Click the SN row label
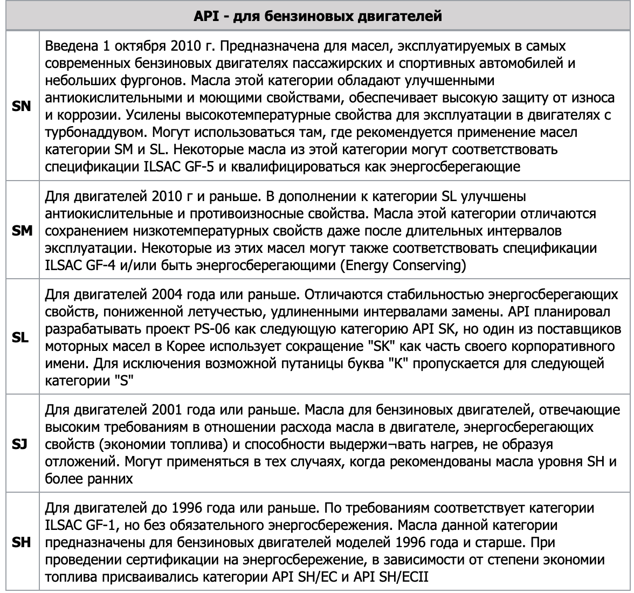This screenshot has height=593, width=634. [x=21, y=106]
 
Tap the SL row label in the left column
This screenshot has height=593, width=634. [x=21, y=337]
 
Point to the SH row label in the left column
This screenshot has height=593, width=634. [x=21, y=543]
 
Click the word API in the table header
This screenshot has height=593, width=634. [x=205, y=16]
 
